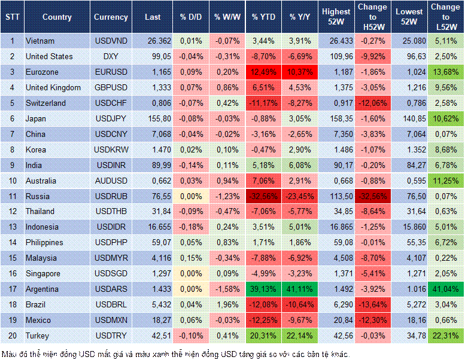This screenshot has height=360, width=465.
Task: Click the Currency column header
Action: coord(111,17)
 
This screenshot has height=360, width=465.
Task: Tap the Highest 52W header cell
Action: coord(336,17)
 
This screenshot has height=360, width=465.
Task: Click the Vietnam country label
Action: coord(39,41)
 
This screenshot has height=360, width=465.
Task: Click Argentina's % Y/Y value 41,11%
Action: coord(300,289)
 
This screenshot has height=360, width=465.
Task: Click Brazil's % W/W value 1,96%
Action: coord(227,304)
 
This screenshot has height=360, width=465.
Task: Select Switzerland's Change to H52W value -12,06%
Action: coord(372,103)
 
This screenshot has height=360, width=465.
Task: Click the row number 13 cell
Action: coord(12,227)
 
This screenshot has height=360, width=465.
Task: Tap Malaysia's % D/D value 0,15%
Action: coord(191,258)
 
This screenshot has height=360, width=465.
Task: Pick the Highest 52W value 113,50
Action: coord(336,196)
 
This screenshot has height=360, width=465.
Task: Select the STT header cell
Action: coord(12,17)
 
